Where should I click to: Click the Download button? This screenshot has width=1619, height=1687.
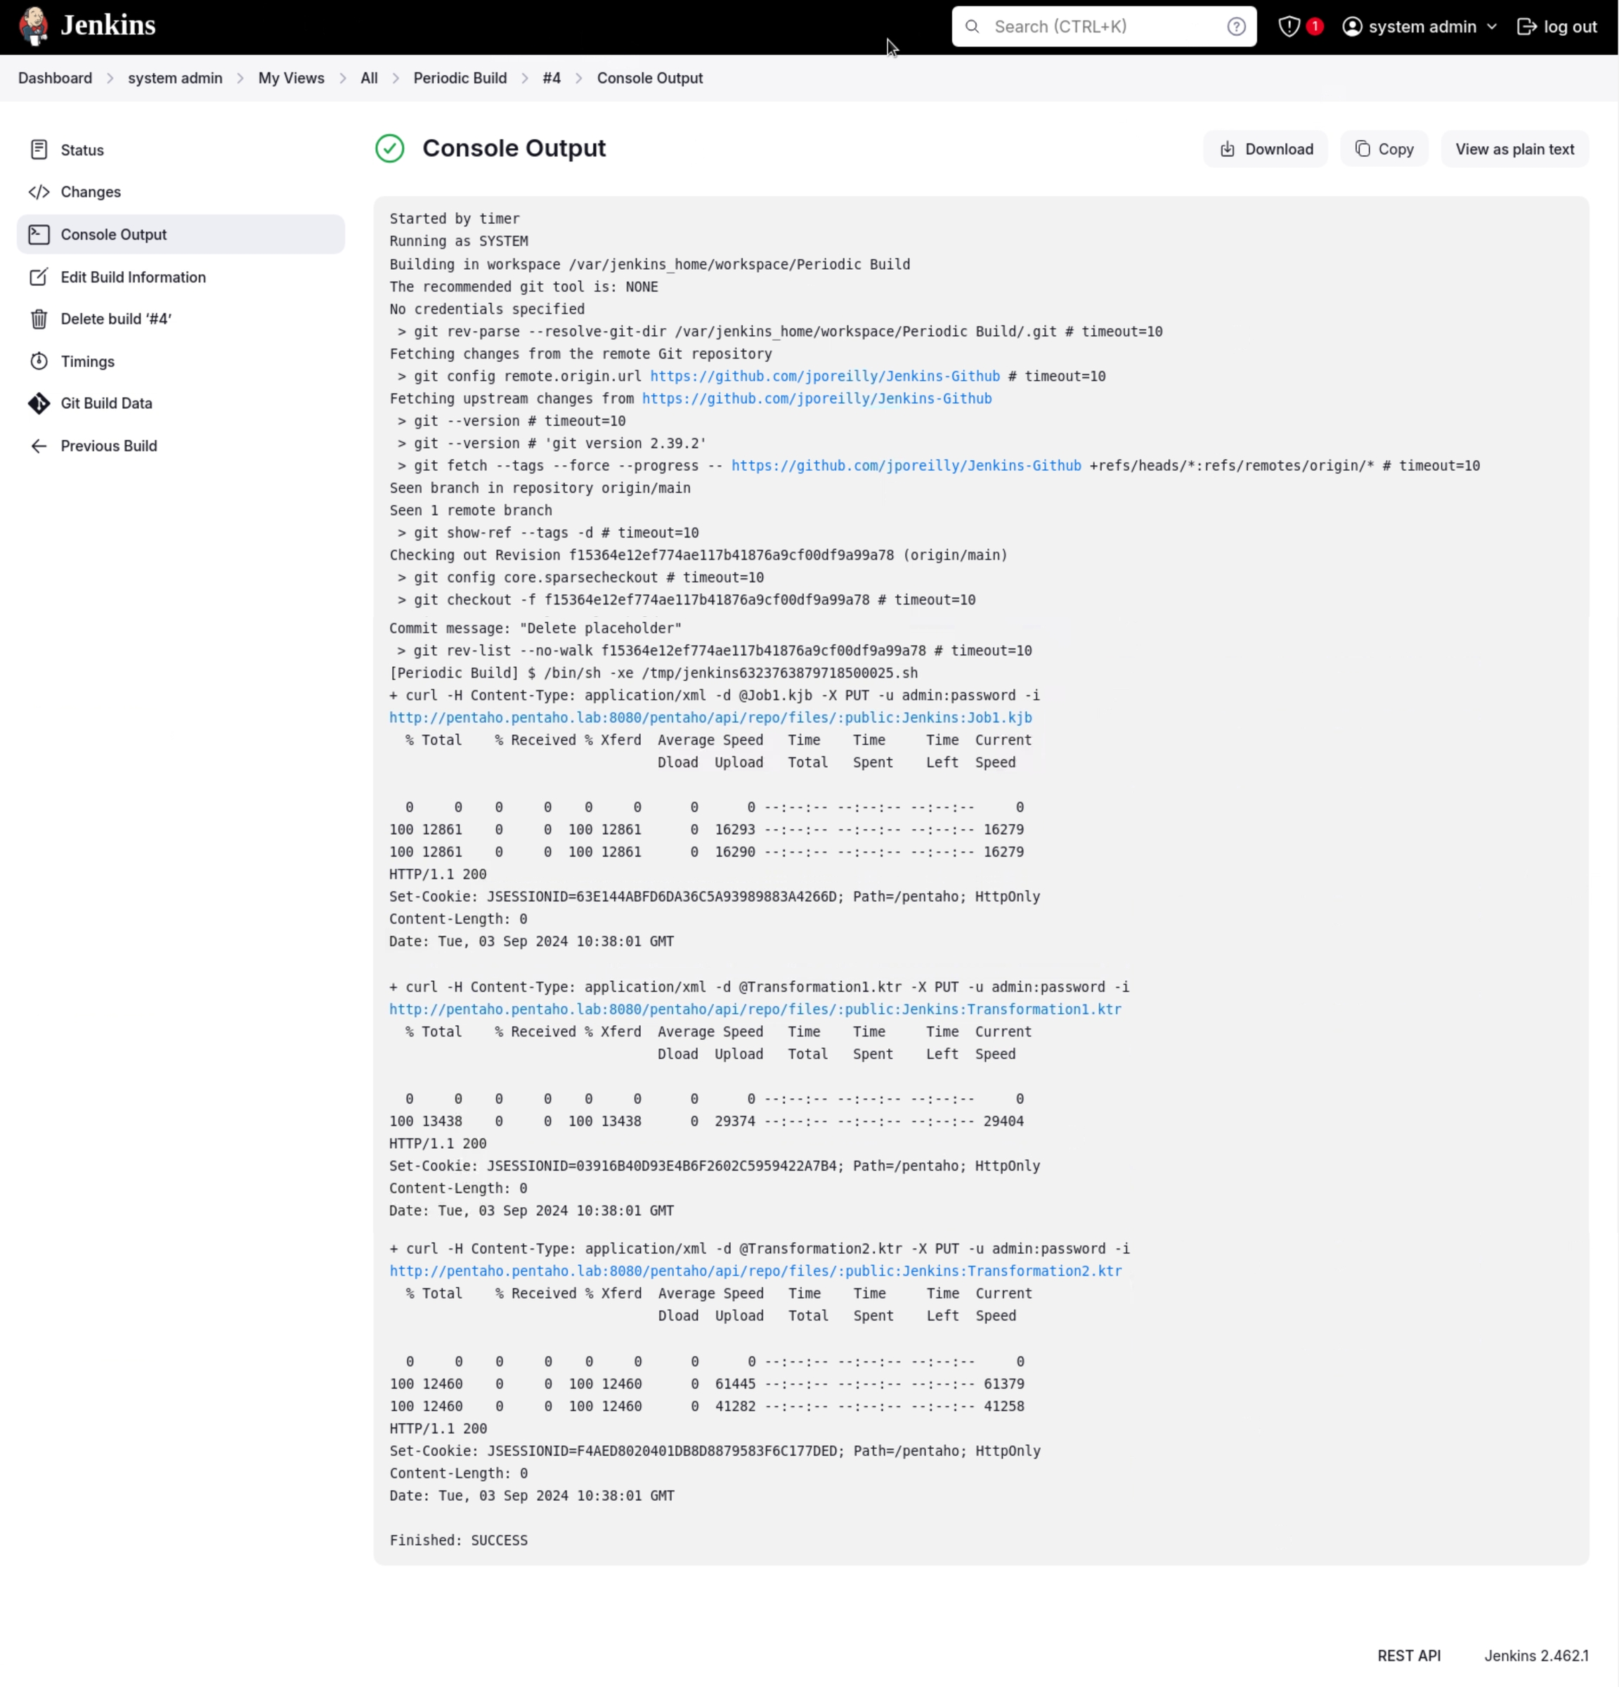pos(1266,149)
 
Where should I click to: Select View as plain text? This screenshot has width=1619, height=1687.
pos(1514,149)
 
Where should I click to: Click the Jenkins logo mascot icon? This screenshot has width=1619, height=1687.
pos(34,26)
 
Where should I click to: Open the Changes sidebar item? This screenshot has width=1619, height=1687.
pos(91,192)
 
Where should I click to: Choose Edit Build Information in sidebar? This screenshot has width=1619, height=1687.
pos(133,277)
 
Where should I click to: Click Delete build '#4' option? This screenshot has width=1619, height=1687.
pos(115,319)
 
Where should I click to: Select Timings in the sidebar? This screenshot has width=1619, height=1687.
pos(87,361)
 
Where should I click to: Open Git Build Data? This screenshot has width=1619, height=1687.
pos(106,404)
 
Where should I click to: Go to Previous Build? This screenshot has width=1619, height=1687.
pos(108,446)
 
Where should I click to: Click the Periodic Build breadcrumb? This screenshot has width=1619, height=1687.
pos(460,78)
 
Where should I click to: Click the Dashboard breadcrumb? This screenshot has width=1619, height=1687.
pos(55,78)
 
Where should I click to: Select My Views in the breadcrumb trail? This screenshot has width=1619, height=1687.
pos(291,78)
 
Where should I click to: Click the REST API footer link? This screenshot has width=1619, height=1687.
pos(1408,1655)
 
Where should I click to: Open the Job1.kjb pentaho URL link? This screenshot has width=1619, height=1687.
pos(710,718)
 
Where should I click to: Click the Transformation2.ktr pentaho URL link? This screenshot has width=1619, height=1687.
pos(755,1271)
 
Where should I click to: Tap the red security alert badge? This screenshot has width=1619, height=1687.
pos(1313,27)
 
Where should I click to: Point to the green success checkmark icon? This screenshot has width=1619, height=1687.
pos(390,149)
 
